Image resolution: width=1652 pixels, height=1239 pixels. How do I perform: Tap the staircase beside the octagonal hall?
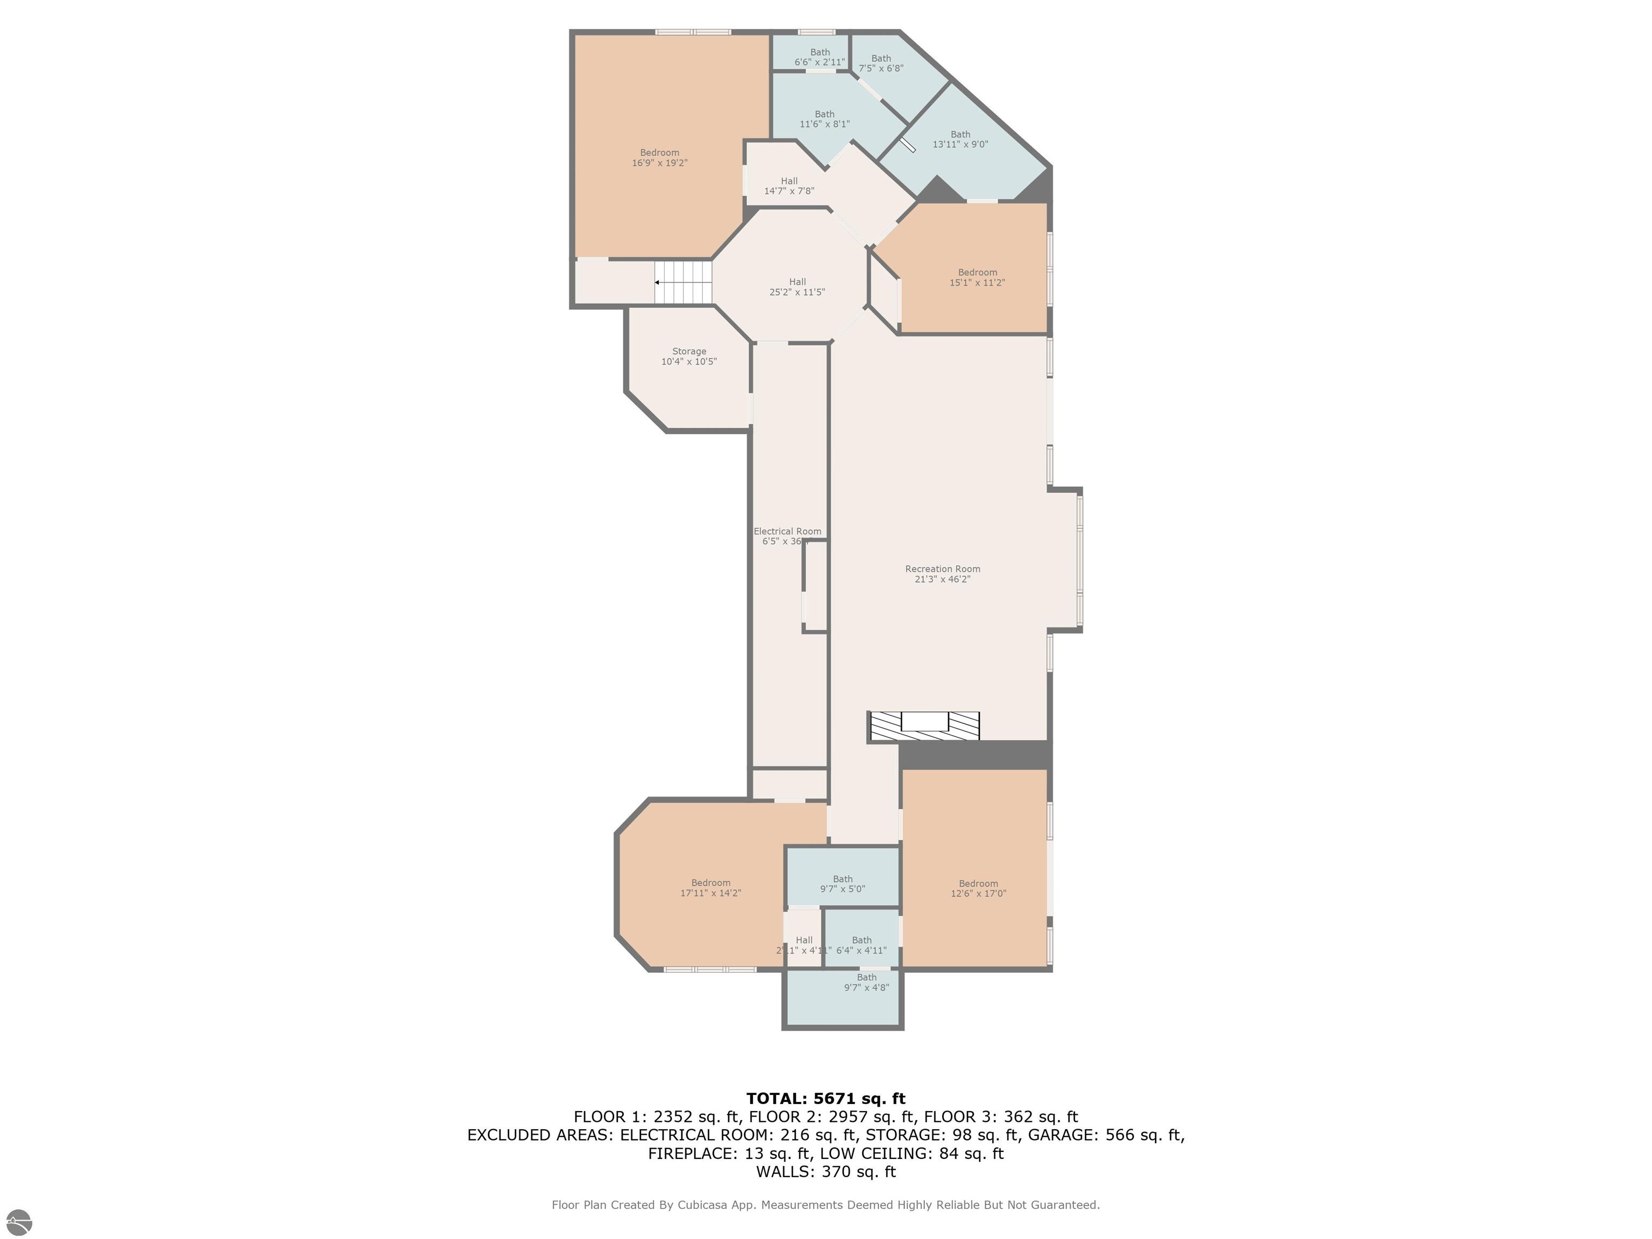pyautogui.click(x=682, y=282)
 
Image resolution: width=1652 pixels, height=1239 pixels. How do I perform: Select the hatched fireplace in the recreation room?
pyautogui.click(x=924, y=726)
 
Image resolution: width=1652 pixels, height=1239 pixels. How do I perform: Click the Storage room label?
pyautogui.click(x=688, y=351)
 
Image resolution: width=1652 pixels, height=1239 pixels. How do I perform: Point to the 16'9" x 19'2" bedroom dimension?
pyautogui.click(x=659, y=163)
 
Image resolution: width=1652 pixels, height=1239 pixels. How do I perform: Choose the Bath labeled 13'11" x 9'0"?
pyautogui.click(x=960, y=140)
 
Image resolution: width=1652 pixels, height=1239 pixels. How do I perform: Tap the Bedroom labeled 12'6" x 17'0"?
pyautogui.click(x=978, y=888)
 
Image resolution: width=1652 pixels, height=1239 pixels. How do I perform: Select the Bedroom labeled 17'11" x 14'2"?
pyautogui.click(x=710, y=887)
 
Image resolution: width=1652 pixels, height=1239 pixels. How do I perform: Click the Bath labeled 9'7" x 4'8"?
pyautogui.click(x=866, y=982)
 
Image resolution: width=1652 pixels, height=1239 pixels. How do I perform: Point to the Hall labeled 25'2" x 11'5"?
pyautogui.click(x=797, y=287)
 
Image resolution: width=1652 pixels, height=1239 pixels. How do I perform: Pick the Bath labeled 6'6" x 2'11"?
pyautogui.click(x=820, y=58)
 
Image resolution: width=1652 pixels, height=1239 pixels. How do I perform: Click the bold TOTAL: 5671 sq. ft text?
pyautogui.click(x=825, y=1099)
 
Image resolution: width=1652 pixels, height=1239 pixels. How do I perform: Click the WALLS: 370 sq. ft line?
pyautogui.click(x=825, y=1172)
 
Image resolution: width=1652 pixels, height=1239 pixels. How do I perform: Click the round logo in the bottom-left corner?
pyautogui.click(x=19, y=1222)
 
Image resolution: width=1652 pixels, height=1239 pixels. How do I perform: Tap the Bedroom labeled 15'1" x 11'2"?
pyautogui.click(x=977, y=277)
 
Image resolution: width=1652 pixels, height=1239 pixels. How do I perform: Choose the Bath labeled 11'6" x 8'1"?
pyautogui.click(x=824, y=119)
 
